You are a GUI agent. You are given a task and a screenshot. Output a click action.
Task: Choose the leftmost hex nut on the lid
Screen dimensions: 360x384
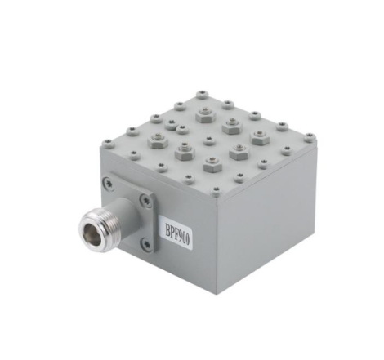click(152, 142)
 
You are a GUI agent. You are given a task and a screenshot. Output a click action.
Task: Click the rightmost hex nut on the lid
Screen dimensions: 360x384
click(260, 139)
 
